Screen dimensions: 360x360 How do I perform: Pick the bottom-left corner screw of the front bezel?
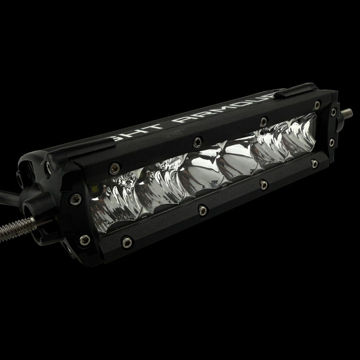pos(127,242)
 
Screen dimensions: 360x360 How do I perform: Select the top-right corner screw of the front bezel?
pos(317,104)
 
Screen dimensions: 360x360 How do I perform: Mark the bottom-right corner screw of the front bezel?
pos(314,163)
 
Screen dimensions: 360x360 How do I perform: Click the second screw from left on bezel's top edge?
pos(198,141)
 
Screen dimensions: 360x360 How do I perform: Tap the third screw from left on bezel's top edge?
pos(263,120)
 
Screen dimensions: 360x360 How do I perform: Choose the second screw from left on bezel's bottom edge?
pos(202,210)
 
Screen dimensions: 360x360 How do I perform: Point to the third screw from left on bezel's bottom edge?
pos(264,185)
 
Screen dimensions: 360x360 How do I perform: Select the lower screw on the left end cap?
pos(84,240)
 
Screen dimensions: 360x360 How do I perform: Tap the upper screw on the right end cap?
pos(333,112)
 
